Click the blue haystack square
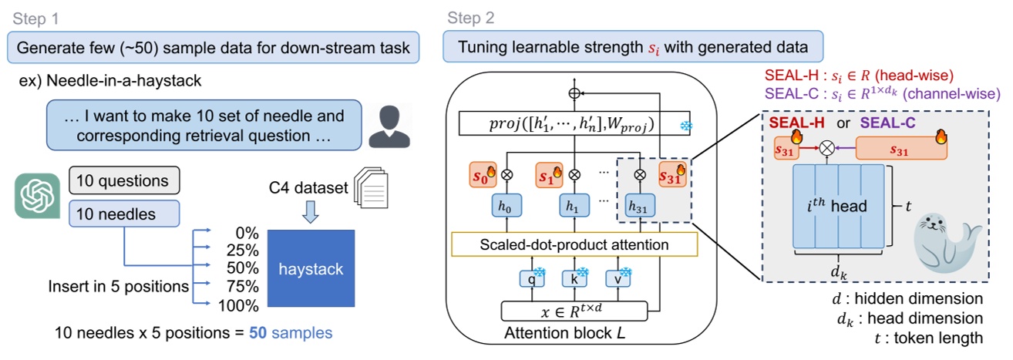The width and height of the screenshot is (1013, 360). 311,269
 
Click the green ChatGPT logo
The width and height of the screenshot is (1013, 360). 36,196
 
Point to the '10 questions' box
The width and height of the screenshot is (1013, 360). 124,181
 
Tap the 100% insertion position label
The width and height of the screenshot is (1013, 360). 239,305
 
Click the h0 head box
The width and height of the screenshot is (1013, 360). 508,207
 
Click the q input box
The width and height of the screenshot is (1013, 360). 530,278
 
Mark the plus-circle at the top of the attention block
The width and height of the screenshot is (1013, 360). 573,92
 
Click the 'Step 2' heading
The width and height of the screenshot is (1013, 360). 469,17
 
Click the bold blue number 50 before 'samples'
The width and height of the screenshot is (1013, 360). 257,334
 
